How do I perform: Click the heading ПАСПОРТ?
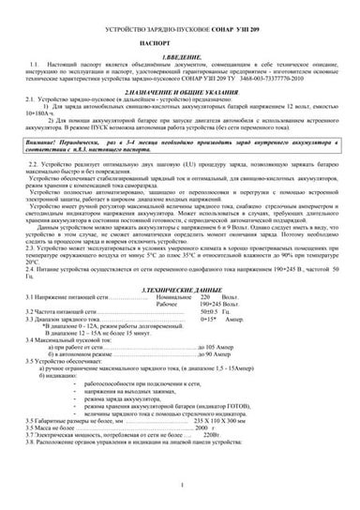(179, 44)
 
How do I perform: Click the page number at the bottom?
(179, 483)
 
